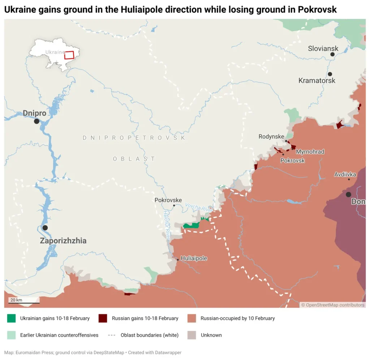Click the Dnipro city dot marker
pyautogui.click(x=36, y=121)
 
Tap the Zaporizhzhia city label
pyautogui.click(x=63, y=241)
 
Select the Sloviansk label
pyautogui.click(x=323, y=48)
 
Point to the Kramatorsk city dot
pyautogui.click(x=330, y=74)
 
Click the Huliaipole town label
pyautogui.click(x=194, y=258)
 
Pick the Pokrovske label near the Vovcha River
pyautogui.click(x=168, y=200)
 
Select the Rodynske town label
pyautogui.click(x=271, y=136)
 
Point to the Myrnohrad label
pyautogui.click(x=310, y=152)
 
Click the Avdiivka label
pyautogui.click(x=345, y=174)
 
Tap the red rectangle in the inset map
pyautogui.click(x=69, y=55)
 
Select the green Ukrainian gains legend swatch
pyautogui.click(x=12, y=318)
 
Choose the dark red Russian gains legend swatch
pyautogui.click(x=103, y=318)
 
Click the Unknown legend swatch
pyautogui.click(x=192, y=335)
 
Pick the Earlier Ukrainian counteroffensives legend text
pyautogui.click(x=59, y=335)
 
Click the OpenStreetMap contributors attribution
pyautogui.click(x=333, y=305)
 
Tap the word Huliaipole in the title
pyautogui.click(x=138, y=10)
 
